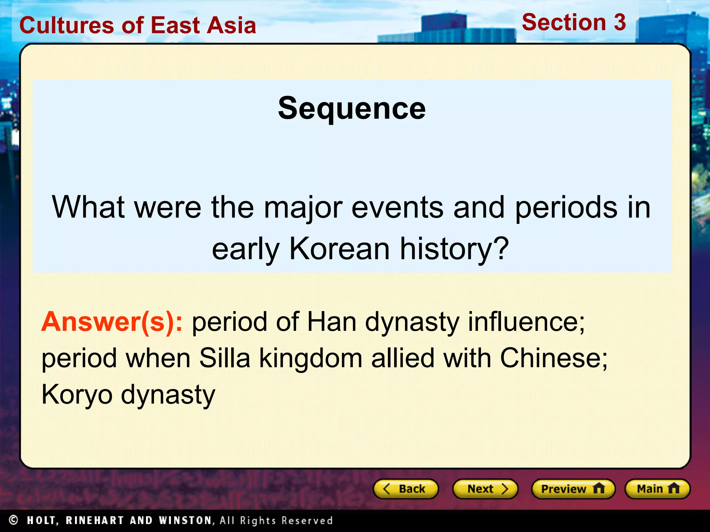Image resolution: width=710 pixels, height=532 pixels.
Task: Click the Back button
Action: point(406,489)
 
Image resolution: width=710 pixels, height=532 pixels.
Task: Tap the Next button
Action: point(485,489)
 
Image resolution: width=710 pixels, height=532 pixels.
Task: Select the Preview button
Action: point(573,489)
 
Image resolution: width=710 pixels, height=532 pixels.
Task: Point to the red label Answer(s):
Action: point(112,322)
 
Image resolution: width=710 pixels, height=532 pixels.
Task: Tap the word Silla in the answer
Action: point(225,358)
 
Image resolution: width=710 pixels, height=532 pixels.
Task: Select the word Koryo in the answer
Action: point(77,395)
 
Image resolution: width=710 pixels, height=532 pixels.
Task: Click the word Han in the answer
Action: point(332,322)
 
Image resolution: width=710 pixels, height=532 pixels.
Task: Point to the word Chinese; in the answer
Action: point(554,358)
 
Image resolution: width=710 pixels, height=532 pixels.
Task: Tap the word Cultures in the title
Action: point(66,26)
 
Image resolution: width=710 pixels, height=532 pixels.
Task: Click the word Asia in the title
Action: point(231,26)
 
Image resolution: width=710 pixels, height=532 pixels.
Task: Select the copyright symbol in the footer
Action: point(14,520)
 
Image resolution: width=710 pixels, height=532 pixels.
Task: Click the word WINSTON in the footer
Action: point(185,520)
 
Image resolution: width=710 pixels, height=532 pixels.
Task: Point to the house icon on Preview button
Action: point(599,488)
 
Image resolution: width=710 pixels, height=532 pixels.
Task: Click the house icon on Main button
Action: point(674,488)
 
